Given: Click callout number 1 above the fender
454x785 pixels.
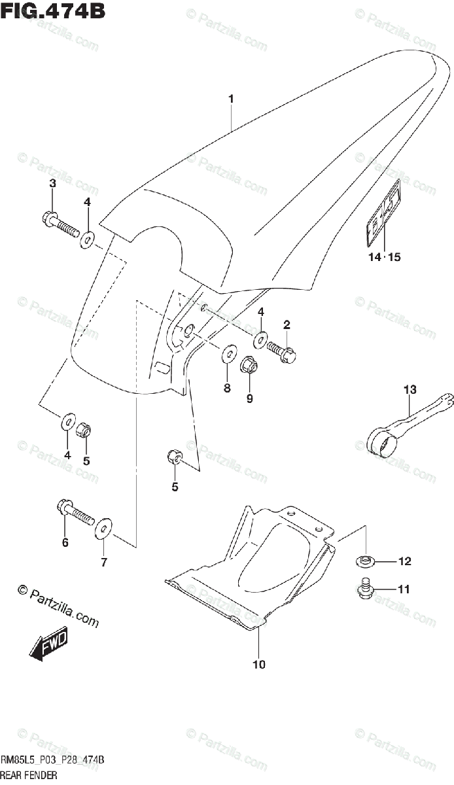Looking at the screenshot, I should [231, 99].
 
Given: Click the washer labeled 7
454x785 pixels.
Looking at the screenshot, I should [103, 529].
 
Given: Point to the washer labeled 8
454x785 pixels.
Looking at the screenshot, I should [230, 354].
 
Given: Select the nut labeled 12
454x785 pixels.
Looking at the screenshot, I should [365, 561].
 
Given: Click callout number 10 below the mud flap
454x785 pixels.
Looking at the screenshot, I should [259, 665].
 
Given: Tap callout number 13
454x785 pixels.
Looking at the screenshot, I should [410, 390].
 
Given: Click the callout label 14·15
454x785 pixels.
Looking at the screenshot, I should [384, 257].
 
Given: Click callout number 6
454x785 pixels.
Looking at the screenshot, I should [65, 542].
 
